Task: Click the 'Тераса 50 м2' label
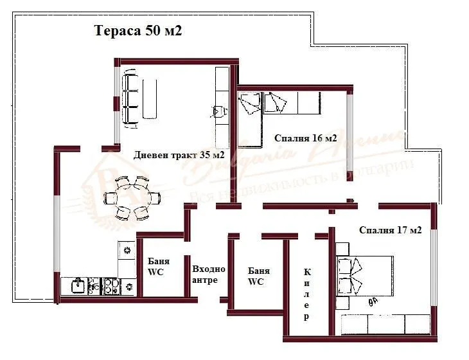138,31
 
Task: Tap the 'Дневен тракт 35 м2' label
179,155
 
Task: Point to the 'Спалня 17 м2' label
390,230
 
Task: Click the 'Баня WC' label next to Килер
258,276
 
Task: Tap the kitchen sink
78,285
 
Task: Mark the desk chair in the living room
219,111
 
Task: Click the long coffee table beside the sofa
150,99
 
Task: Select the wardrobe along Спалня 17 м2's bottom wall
385,325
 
